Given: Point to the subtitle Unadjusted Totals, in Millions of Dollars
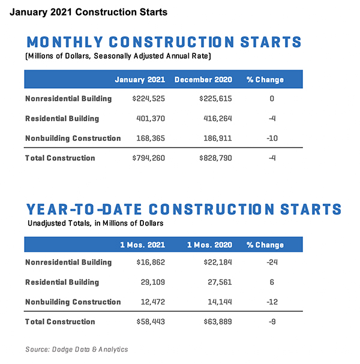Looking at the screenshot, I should (96, 222).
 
